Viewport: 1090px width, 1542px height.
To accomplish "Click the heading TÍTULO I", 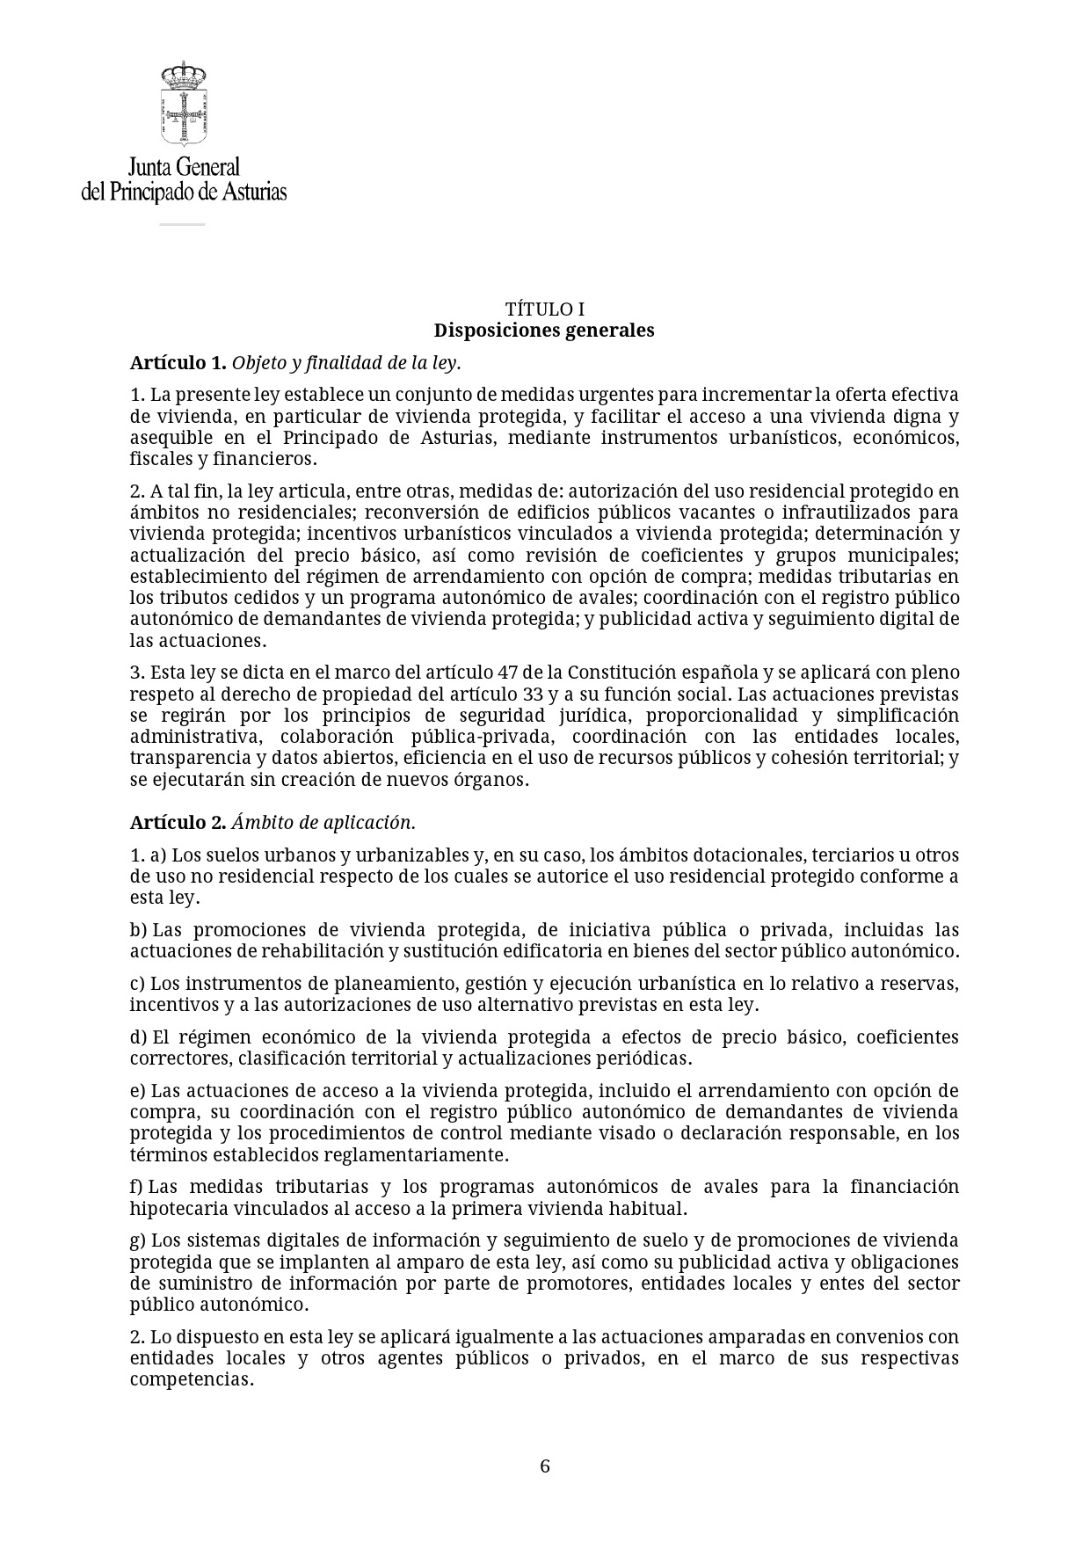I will click(x=544, y=309).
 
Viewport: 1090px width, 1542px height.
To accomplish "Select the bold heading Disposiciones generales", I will click(x=544, y=331).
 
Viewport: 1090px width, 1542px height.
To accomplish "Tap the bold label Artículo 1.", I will click(x=178, y=362).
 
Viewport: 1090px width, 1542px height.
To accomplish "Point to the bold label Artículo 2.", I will click(x=178, y=823).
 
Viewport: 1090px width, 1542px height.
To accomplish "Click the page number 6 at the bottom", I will click(x=545, y=1466).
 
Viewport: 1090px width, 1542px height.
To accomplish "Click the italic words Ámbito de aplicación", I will click(x=323, y=823).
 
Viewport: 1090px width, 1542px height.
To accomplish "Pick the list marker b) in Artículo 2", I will click(x=138, y=930).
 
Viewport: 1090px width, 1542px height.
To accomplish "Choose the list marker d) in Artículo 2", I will click(x=138, y=1037).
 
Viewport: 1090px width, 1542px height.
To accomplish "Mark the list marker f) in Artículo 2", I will click(x=137, y=1187).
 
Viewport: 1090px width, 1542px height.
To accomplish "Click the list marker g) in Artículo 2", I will click(x=138, y=1240).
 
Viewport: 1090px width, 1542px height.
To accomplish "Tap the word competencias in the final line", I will click(x=191, y=1379).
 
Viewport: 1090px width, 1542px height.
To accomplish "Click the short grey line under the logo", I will click(x=182, y=224).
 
